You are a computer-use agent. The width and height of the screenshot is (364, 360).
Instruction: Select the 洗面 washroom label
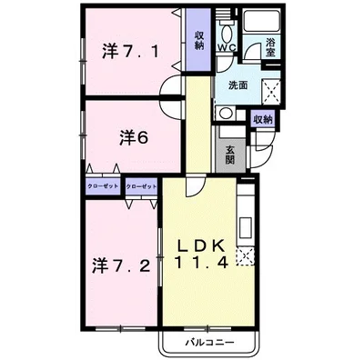tap(238, 85)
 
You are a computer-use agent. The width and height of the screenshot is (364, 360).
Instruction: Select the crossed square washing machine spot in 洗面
tap(268, 88)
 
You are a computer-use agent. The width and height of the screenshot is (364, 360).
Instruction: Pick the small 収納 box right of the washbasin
tap(263, 119)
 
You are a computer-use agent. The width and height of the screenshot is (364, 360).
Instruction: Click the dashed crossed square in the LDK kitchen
tap(244, 257)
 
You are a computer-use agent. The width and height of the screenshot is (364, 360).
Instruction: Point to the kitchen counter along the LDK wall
tap(245, 227)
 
